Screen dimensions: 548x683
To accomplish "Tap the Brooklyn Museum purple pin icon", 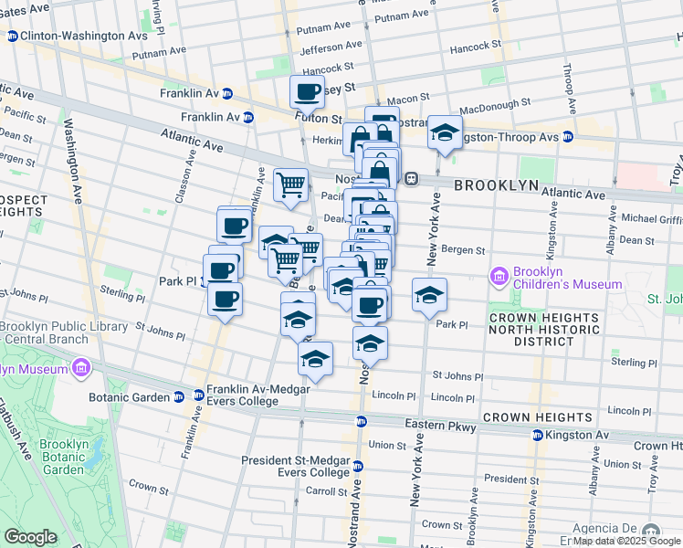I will [x=81, y=368].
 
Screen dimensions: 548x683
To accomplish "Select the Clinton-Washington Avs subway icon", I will [x=12, y=37].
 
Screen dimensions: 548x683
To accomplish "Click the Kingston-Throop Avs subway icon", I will [x=567, y=137].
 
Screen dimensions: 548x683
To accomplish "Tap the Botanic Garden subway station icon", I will [x=177, y=396].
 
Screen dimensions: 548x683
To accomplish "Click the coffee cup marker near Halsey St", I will [x=308, y=91].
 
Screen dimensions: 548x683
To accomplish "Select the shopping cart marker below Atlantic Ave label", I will [x=290, y=184].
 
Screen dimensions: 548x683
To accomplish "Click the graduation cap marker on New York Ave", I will [x=428, y=295].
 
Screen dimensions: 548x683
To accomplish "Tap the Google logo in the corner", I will [x=30, y=537].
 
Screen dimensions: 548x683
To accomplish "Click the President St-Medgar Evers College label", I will [x=296, y=466].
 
